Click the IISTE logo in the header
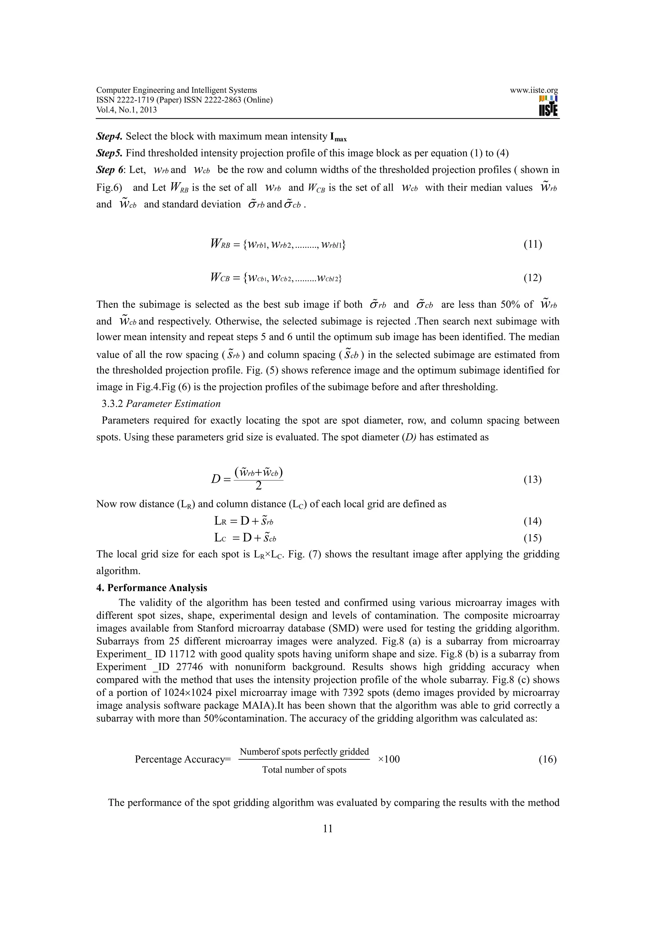[x=548, y=106]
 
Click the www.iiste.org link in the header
[x=533, y=91]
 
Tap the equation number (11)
[x=532, y=244]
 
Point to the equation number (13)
[x=532, y=479]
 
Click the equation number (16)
[x=547, y=759]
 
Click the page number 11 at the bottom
[x=328, y=828]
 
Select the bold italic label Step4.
[x=109, y=137]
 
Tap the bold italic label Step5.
[x=109, y=154]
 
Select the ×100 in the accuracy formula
[x=389, y=759]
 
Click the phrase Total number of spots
[x=304, y=770]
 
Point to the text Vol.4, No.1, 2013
[x=126, y=110]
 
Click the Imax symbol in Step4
[x=338, y=137]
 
